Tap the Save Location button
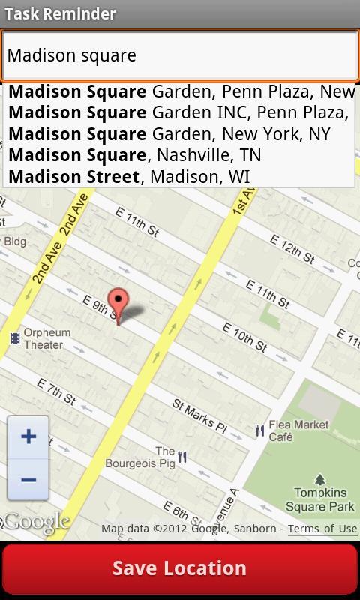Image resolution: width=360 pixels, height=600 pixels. [179, 568]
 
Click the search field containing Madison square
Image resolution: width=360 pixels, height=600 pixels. [179, 55]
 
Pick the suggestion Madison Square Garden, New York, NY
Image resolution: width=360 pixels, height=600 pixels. [169, 134]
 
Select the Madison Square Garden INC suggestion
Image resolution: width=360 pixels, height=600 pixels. [178, 112]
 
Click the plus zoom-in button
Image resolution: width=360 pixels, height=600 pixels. [28, 436]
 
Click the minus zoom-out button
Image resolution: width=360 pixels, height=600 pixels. [28, 480]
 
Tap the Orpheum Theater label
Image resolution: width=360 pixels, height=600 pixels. [47, 339]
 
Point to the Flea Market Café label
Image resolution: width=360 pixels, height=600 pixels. [298, 430]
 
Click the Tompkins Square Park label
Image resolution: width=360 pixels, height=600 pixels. [319, 499]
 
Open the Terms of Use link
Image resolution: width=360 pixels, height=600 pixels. [322, 529]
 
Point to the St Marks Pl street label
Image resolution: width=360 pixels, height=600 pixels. [199, 415]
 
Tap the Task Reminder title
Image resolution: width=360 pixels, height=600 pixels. [61, 13]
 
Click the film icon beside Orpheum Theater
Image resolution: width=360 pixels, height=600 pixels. [14, 339]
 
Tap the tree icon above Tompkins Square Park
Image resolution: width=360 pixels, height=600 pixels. [320, 479]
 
